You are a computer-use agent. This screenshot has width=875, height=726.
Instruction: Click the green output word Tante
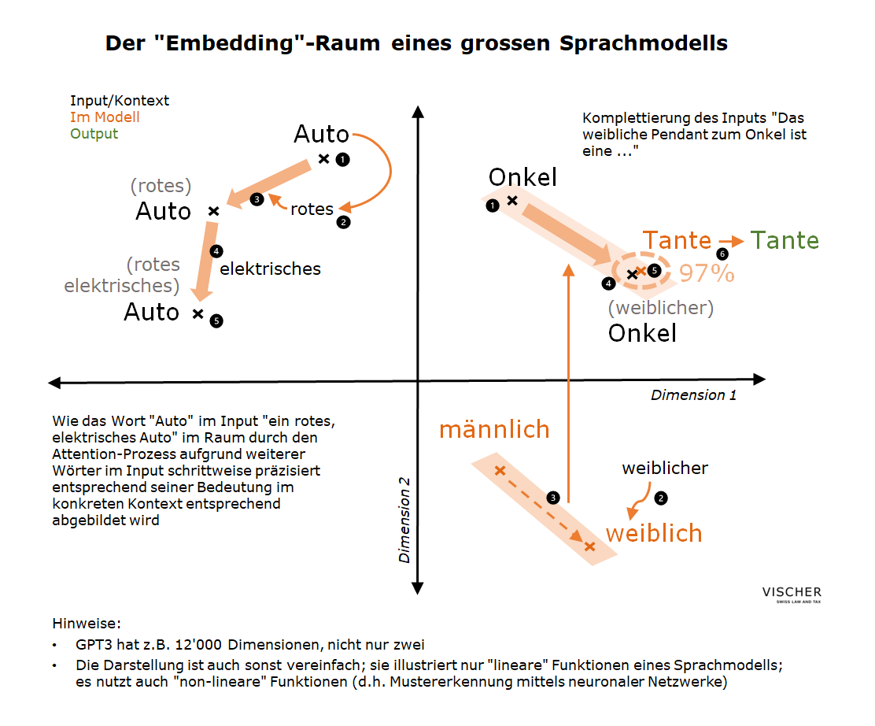click(x=785, y=240)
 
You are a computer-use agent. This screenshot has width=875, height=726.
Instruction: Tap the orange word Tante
click(x=677, y=240)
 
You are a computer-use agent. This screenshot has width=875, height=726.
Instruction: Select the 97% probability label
click(x=707, y=273)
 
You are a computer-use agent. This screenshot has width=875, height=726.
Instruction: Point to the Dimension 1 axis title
click(x=693, y=395)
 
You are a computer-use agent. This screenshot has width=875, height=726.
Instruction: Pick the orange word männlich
click(x=493, y=429)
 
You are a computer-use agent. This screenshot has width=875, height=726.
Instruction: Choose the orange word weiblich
click(x=653, y=533)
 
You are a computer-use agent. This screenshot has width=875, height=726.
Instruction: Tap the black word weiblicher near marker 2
click(x=665, y=469)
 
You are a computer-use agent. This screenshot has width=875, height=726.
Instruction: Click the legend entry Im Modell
click(x=105, y=117)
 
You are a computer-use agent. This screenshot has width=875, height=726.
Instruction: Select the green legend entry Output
click(x=94, y=134)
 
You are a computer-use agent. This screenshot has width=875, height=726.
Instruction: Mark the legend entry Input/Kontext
click(x=120, y=101)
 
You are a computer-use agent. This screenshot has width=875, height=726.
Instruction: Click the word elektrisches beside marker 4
click(x=270, y=269)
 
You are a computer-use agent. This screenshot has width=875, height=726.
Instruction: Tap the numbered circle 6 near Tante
click(x=722, y=254)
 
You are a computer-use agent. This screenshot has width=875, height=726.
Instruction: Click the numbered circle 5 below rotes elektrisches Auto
click(x=216, y=320)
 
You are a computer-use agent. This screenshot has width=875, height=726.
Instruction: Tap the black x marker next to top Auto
click(x=323, y=158)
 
